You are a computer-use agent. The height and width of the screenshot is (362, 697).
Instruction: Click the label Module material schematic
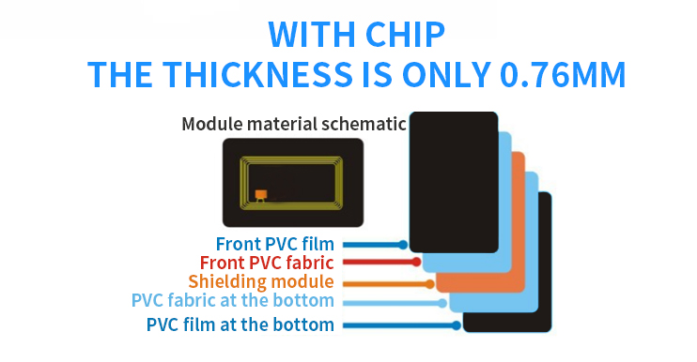[x=293, y=124]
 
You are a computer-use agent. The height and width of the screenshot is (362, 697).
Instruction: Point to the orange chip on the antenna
[x=261, y=195]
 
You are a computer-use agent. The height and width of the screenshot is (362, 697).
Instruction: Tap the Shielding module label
[x=260, y=281]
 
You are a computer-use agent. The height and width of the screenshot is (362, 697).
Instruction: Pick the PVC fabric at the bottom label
[x=232, y=301]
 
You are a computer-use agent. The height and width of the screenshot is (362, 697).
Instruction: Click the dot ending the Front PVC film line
[x=403, y=244]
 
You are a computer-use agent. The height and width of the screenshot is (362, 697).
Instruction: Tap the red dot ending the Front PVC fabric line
[x=416, y=263]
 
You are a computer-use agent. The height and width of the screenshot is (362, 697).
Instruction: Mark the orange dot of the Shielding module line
[x=429, y=282]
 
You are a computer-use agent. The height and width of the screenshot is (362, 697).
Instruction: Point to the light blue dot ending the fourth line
[x=442, y=302]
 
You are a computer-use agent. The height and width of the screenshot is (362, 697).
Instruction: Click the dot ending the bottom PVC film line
[x=457, y=325]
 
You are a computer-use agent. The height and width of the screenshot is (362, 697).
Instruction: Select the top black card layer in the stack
[x=454, y=178]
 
